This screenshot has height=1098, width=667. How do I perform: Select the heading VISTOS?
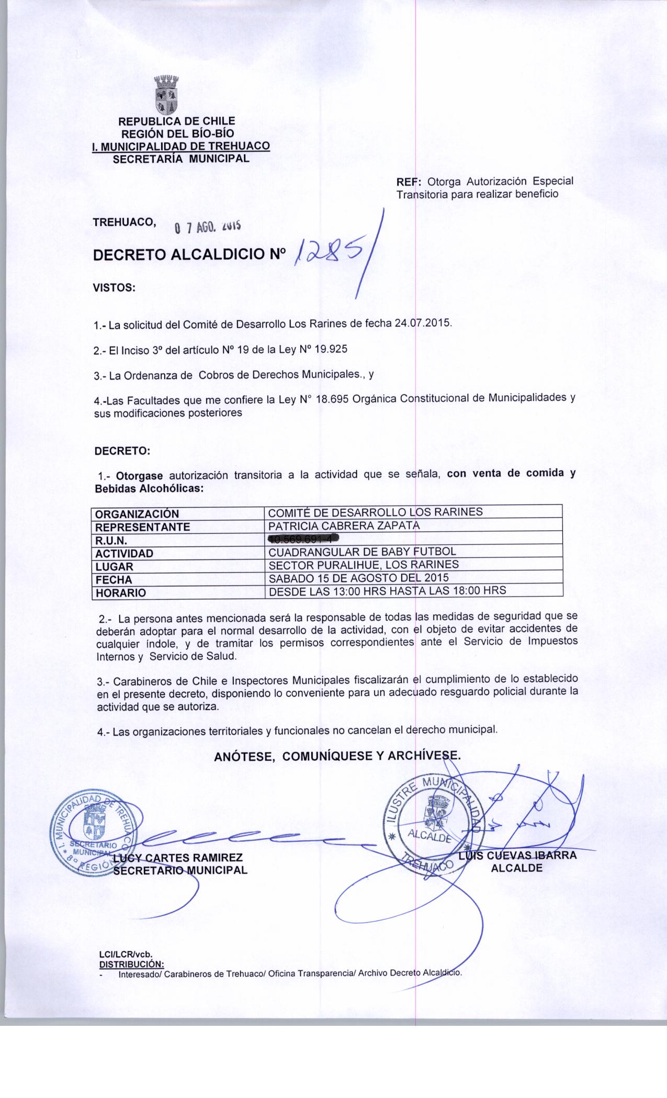point(114,288)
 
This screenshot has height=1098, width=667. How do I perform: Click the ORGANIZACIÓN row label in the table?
point(137,514)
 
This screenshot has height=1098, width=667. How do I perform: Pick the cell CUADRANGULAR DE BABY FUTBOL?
point(362,552)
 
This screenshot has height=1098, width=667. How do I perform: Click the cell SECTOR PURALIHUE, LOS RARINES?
point(364,565)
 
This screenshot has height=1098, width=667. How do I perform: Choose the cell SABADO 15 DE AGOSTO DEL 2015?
point(358,578)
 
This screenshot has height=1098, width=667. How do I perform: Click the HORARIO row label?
point(120,593)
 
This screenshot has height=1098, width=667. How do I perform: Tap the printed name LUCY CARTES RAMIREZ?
point(178,858)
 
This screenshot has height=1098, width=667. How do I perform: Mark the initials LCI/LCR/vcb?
point(123,954)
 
